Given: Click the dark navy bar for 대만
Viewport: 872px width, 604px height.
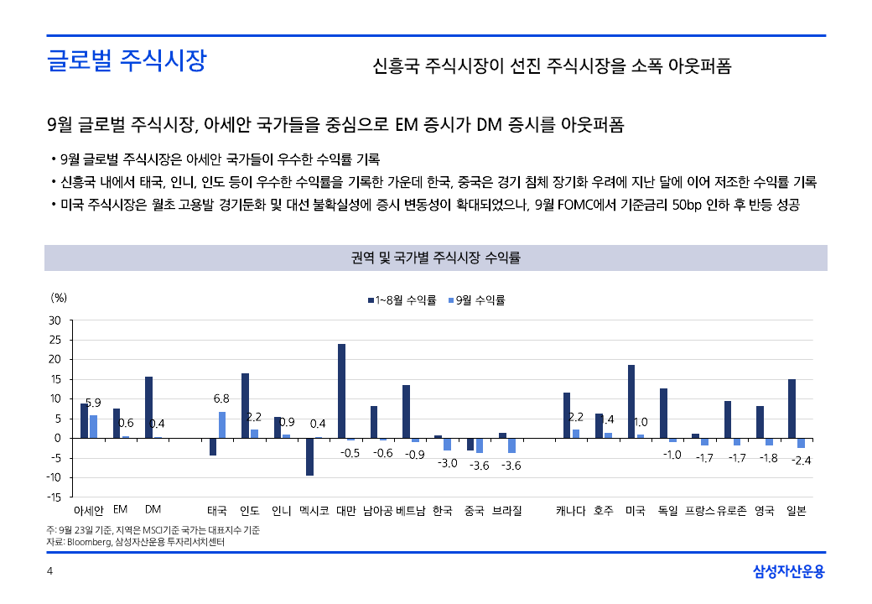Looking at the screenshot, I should click(x=341, y=391).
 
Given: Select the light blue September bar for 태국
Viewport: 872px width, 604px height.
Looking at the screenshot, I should click(x=222, y=424).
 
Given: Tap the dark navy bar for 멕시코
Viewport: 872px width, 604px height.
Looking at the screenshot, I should click(x=309, y=456).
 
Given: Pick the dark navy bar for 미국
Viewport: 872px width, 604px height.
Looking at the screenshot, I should click(x=631, y=401).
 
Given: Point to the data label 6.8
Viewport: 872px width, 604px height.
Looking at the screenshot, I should click(x=221, y=398).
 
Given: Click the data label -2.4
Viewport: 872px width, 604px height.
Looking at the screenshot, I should click(x=802, y=461).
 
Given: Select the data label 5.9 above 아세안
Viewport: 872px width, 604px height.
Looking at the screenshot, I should click(x=94, y=403).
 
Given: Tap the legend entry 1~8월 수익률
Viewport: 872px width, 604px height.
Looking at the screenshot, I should click(x=402, y=299).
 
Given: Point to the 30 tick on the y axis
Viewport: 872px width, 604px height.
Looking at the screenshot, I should click(x=55, y=320).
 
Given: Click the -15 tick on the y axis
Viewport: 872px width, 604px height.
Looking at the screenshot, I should click(x=54, y=497).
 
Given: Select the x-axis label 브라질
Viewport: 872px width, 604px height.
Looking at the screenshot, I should click(x=506, y=510).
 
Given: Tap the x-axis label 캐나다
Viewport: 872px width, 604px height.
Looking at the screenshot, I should click(x=571, y=510).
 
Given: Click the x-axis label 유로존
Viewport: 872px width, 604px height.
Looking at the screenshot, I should click(x=732, y=510).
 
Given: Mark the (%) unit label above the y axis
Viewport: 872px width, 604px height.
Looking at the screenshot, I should click(x=59, y=297).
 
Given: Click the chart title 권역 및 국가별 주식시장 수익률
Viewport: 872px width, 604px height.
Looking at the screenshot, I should click(x=436, y=258).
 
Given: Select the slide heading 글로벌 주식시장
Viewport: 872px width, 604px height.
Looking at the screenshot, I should click(x=127, y=61).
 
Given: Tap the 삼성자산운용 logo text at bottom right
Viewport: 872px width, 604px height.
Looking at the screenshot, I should click(x=789, y=572).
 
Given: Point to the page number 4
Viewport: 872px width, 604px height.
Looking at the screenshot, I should click(x=50, y=572).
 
